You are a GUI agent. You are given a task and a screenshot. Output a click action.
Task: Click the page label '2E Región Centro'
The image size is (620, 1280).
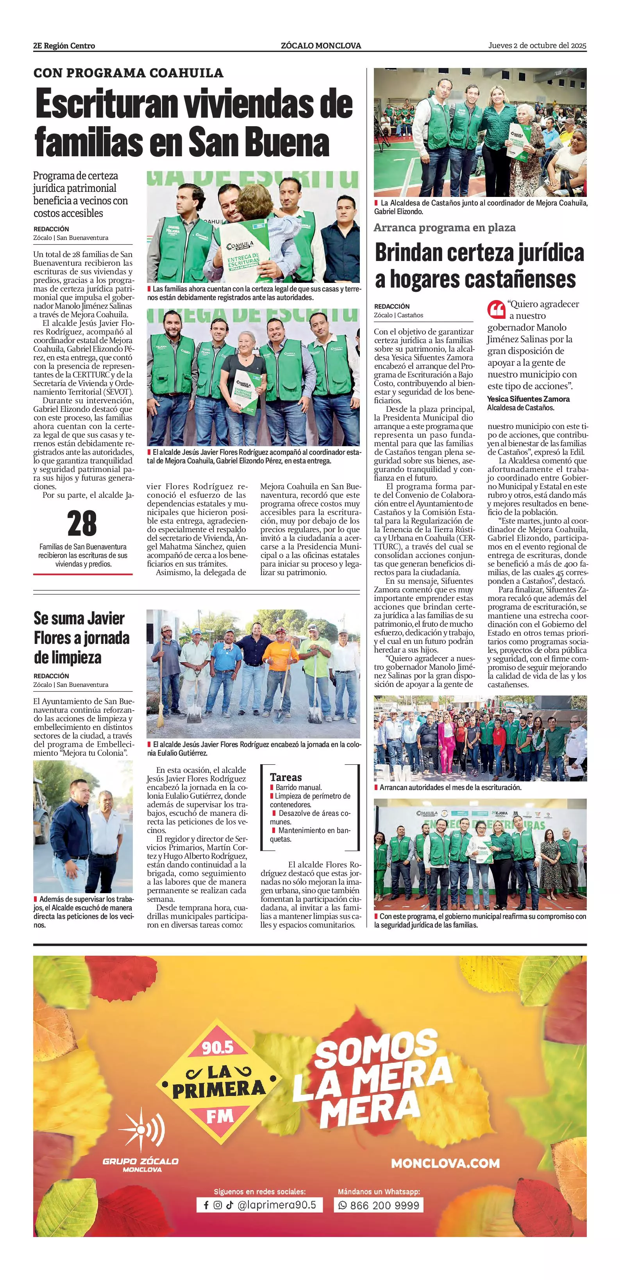[x=64, y=46]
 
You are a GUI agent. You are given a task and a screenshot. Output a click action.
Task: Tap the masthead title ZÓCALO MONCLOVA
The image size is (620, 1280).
[x=321, y=46]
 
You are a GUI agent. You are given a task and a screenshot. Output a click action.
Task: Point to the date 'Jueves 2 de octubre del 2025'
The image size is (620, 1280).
[x=537, y=45]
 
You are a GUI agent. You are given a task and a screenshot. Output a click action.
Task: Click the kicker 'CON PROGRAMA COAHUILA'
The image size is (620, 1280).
[x=128, y=73]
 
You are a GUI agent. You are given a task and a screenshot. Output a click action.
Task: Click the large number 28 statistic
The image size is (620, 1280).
[x=82, y=524]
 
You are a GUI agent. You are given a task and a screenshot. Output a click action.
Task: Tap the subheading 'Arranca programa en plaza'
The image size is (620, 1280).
[x=445, y=227]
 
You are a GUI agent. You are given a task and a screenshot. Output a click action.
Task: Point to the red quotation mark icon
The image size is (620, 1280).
[x=496, y=309]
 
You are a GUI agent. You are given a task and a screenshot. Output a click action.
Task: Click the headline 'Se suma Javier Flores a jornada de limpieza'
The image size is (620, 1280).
[x=82, y=638]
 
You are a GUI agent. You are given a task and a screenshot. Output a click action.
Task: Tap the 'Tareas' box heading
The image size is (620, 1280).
[x=286, y=778]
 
